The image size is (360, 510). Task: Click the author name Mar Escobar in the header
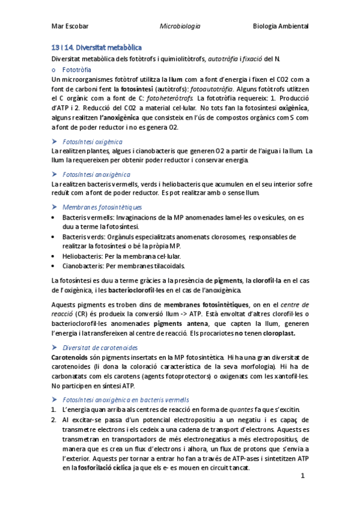pyautogui.click(x=70, y=27)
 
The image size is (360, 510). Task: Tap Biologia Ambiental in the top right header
pyautogui.click(x=281, y=27)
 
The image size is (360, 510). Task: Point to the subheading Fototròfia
pyautogui.click(x=77, y=70)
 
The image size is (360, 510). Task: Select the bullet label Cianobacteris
pyautogui.click(x=84, y=265)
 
